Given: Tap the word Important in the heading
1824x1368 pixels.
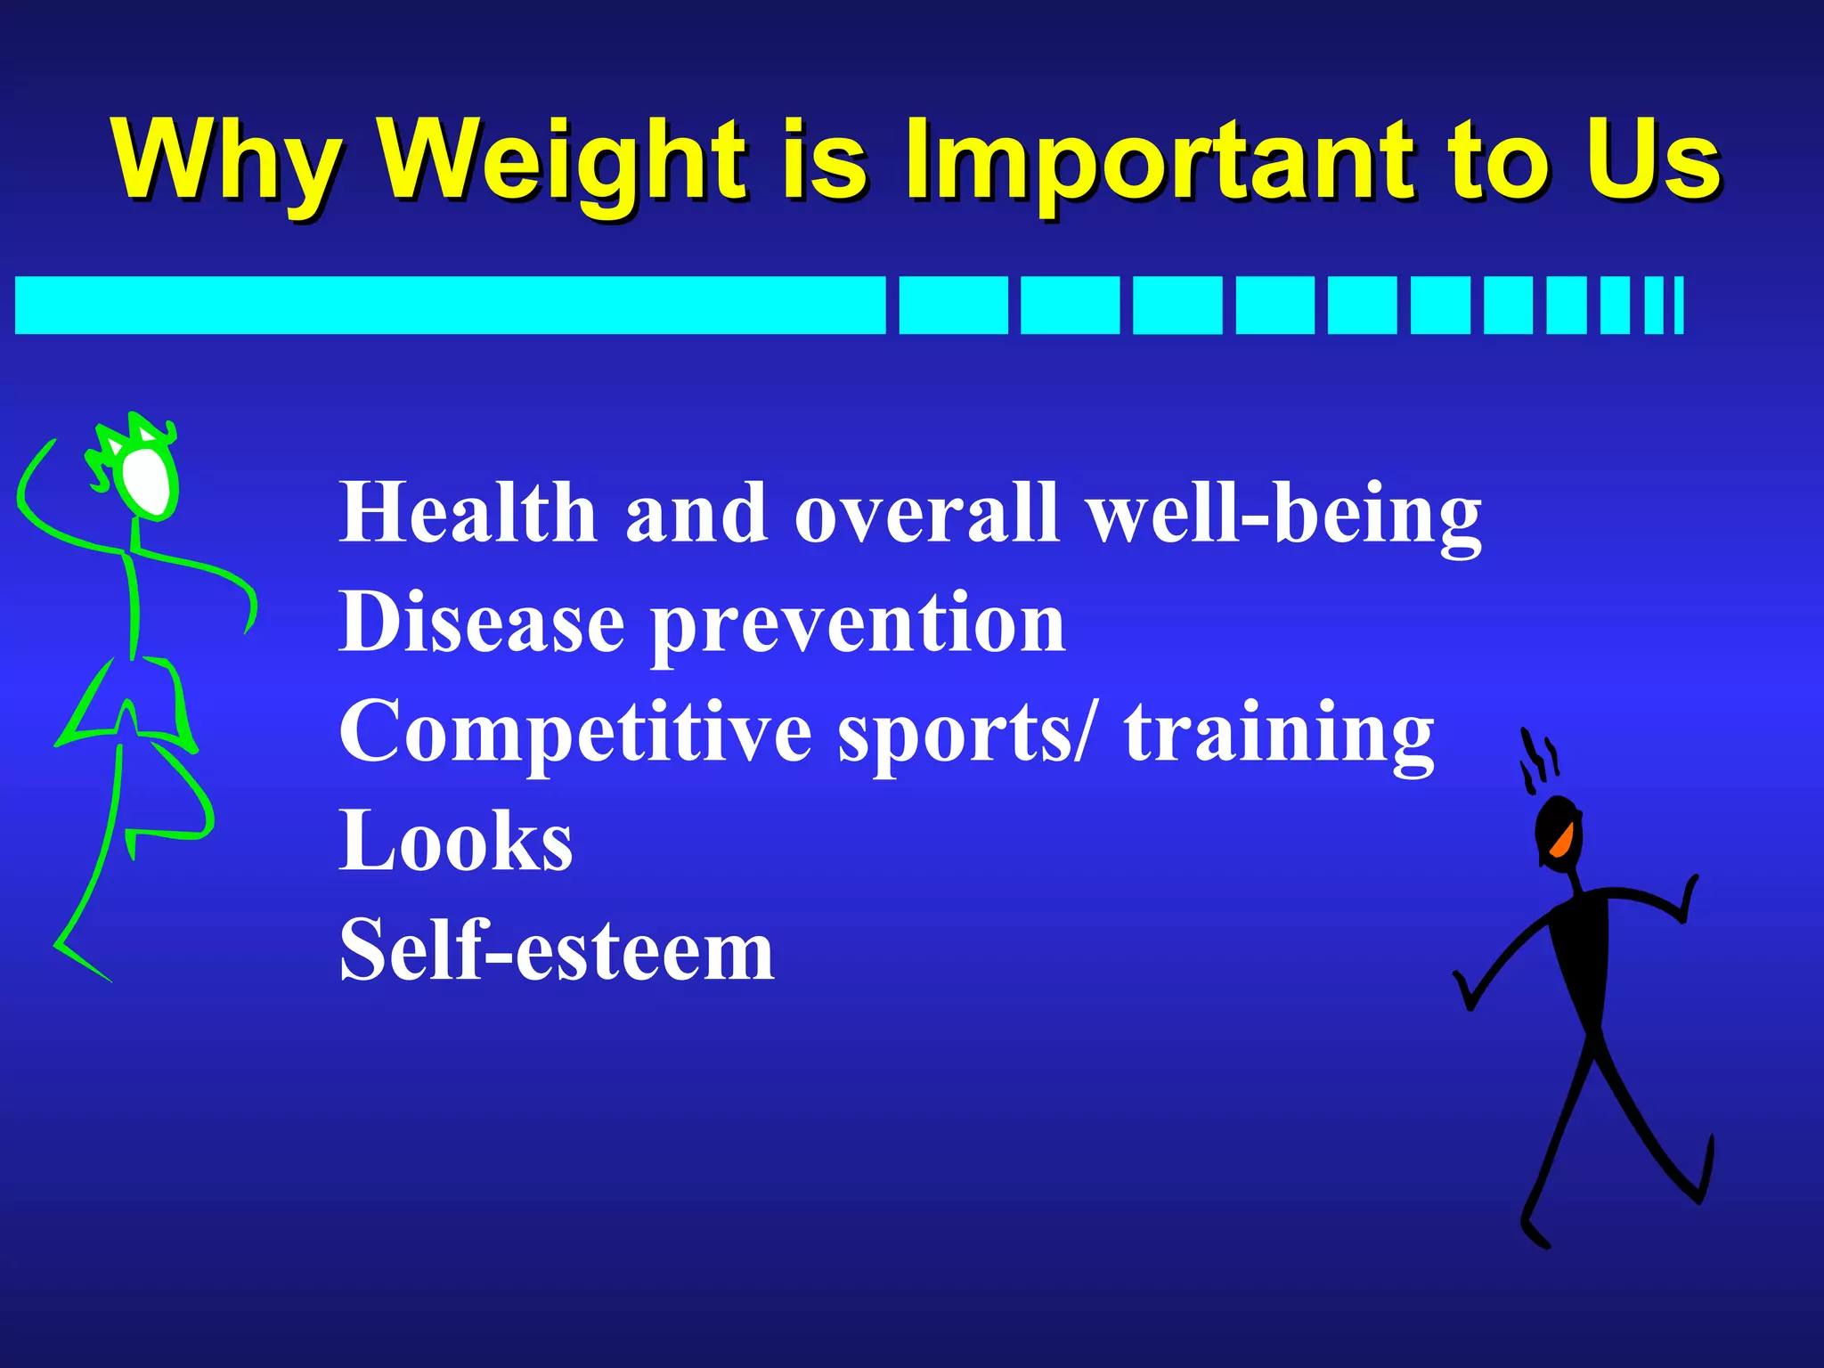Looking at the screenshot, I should click(x=1158, y=160).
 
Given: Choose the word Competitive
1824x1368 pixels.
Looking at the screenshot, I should click(x=574, y=732).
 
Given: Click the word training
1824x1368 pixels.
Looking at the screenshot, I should click(x=1278, y=735).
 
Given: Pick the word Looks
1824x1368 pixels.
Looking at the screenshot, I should click(x=455, y=841).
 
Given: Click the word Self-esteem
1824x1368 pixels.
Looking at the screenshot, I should click(x=557, y=950).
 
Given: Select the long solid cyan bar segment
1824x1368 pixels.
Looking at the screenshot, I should click(x=450, y=305).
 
